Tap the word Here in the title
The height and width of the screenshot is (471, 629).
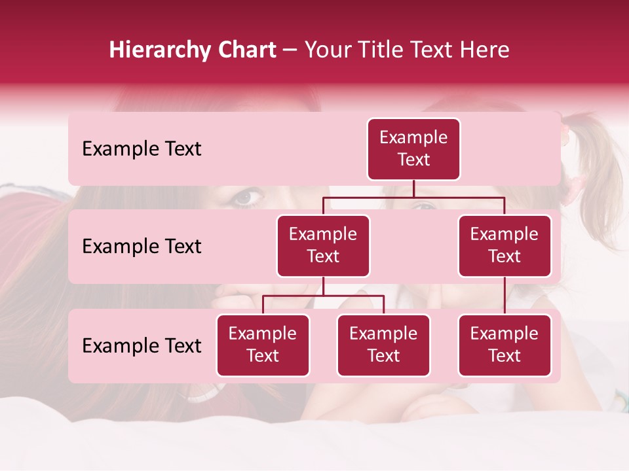tap(484, 50)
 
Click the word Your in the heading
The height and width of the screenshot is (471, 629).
tap(327, 50)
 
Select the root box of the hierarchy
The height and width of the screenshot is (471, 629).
tap(413, 149)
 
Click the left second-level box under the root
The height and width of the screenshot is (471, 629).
tap(323, 246)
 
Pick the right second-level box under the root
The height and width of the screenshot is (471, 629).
tap(505, 246)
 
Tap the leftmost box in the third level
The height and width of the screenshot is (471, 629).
tap(263, 345)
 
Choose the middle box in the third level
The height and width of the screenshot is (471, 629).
tap(383, 345)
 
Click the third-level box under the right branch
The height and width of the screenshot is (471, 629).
tap(505, 345)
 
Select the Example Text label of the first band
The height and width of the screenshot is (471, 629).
tap(142, 149)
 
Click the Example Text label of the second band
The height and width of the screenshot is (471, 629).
tap(142, 247)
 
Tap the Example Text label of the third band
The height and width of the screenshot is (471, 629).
tap(142, 346)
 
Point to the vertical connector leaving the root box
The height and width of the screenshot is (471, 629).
tap(413, 188)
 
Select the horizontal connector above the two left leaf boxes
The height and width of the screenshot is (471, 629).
tap(323, 296)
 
